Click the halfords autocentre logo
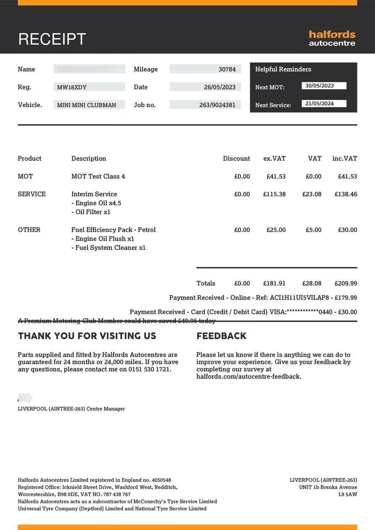click(x=332, y=38)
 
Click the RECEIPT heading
click(x=52, y=39)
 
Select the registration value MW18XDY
click(x=72, y=87)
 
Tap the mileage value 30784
click(x=227, y=69)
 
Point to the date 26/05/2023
click(x=219, y=87)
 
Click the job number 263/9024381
click(x=217, y=105)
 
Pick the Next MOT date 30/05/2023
click(x=320, y=86)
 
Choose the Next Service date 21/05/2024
click(x=320, y=103)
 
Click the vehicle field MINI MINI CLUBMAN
click(x=87, y=105)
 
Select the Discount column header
click(x=236, y=158)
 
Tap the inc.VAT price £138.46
click(x=346, y=194)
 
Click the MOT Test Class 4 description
click(x=98, y=176)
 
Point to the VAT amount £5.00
click(x=314, y=230)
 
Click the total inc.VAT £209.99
click(x=346, y=283)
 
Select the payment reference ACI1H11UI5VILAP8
click(x=299, y=298)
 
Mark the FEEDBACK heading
click(x=221, y=336)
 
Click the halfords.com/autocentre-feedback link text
click(x=248, y=376)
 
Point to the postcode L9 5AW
click(x=348, y=494)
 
